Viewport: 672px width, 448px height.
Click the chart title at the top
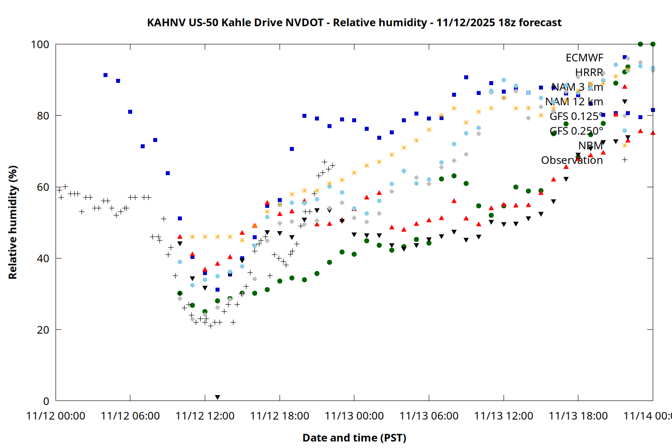tap(354, 22)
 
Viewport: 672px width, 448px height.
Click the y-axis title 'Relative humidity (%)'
tap(13, 222)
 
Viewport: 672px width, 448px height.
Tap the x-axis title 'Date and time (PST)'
tap(354, 438)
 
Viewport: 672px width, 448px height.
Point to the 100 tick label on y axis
tap(40, 44)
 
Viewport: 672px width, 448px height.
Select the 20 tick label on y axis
tap(43, 330)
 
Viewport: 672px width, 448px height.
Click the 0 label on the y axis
tap(46, 401)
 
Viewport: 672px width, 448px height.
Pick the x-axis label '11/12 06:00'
tap(130, 416)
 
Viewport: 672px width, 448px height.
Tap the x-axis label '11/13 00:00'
tap(354, 416)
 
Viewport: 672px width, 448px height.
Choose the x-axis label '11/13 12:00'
tap(504, 416)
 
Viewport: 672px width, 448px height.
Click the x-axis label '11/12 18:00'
tap(280, 416)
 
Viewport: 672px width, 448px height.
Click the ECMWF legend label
tap(584, 58)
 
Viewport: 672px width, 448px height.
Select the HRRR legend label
tap(589, 73)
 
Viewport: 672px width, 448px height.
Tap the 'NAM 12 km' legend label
tap(574, 102)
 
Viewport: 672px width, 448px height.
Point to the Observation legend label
tap(572, 160)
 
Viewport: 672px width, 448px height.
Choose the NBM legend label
tap(590, 146)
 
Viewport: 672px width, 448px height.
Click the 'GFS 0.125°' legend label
tap(576, 116)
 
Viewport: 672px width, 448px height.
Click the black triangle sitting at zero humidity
tap(217, 397)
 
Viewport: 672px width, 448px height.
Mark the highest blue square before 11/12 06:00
tap(105, 75)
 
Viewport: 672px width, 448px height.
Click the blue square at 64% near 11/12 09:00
tap(168, 173)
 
